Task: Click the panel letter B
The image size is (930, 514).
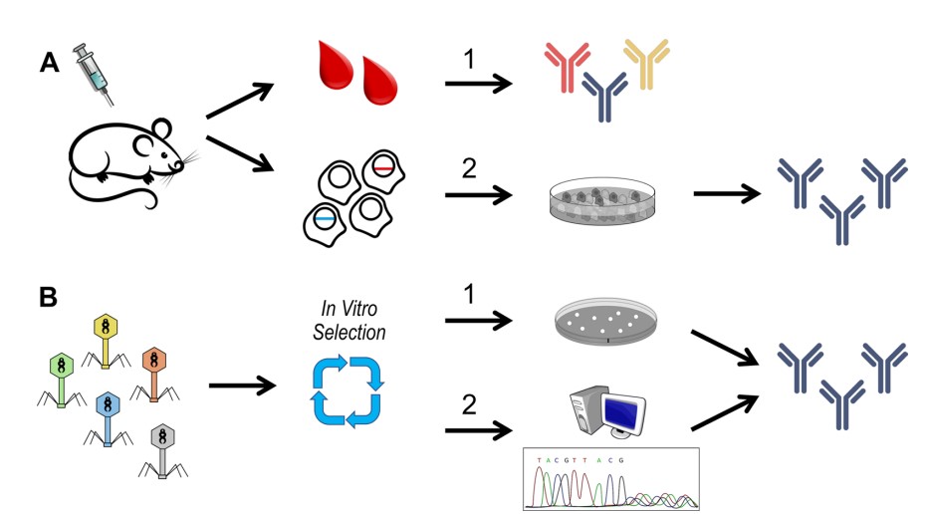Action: click(x=47, y=298)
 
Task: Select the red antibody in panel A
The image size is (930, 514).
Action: click(x=566, y=64)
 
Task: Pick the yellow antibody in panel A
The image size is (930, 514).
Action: click(x=645, y=62)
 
